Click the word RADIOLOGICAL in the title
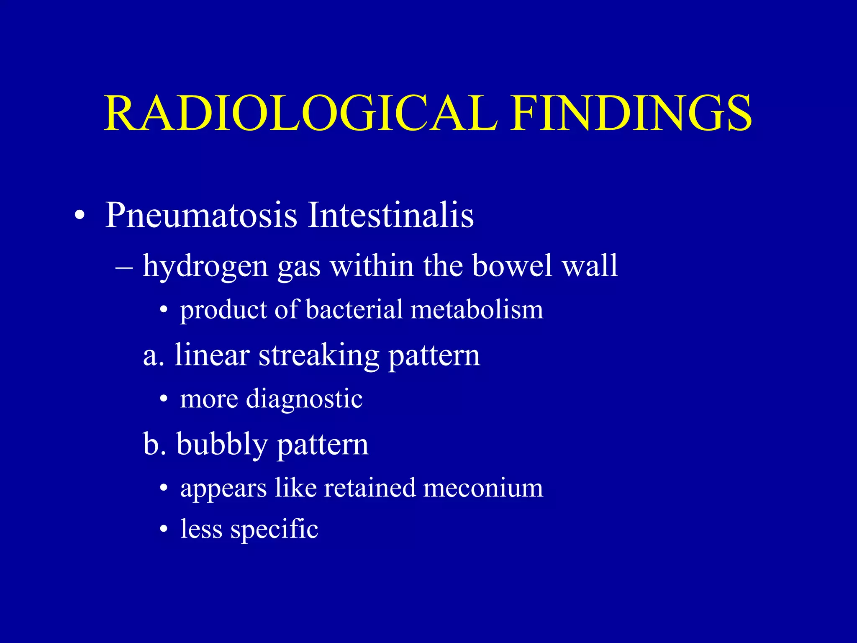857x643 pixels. [x=300, y=113]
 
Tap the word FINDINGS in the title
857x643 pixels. [x=631, y=113]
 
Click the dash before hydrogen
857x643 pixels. [x=124, y=267]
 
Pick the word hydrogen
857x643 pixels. [x=205, y=267]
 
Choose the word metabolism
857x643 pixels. [x=477, y=310]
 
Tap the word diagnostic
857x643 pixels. [x=304, y=399]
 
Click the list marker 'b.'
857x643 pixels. [x=154, y=445]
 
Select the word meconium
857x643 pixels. [x=483, y=488]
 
